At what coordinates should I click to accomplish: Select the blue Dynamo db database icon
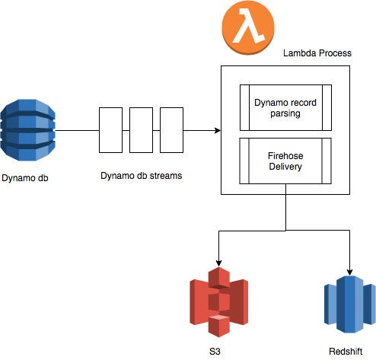pos(28,129)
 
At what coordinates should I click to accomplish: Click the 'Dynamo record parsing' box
pos(285,107)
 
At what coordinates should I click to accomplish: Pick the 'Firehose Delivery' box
pos(285,161)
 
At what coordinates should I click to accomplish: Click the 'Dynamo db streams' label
pos(142,176)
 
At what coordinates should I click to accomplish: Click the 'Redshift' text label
pos(350,351)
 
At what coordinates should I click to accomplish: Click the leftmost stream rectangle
pos(110,130)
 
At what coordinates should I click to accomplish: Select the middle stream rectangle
pos(141,130)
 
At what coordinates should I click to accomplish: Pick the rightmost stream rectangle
pos(172,130)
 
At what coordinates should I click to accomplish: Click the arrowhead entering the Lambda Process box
pos(216,130)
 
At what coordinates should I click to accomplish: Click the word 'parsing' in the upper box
pos(285,113)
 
